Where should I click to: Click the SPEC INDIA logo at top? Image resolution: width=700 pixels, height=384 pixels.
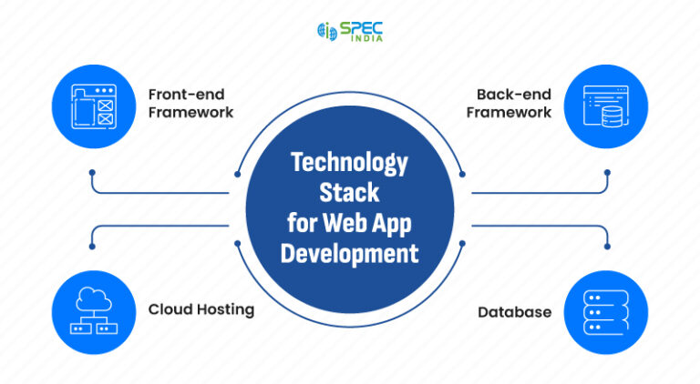click(x=349, y=30)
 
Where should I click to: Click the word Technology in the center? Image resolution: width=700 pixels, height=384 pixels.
click(x=349, y=163)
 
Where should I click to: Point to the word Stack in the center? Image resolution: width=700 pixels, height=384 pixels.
click(x=349, y=192)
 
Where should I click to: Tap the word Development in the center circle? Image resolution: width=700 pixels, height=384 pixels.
click(x=349, y=252)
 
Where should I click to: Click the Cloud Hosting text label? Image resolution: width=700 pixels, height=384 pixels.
click(x=201, y=310)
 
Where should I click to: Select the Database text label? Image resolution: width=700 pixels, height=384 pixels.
click(x=514, y=312)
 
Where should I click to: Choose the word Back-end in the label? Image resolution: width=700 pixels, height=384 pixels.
click(x=514, y=94)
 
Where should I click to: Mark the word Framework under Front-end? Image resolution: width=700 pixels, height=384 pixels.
click(x=190, y=113)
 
